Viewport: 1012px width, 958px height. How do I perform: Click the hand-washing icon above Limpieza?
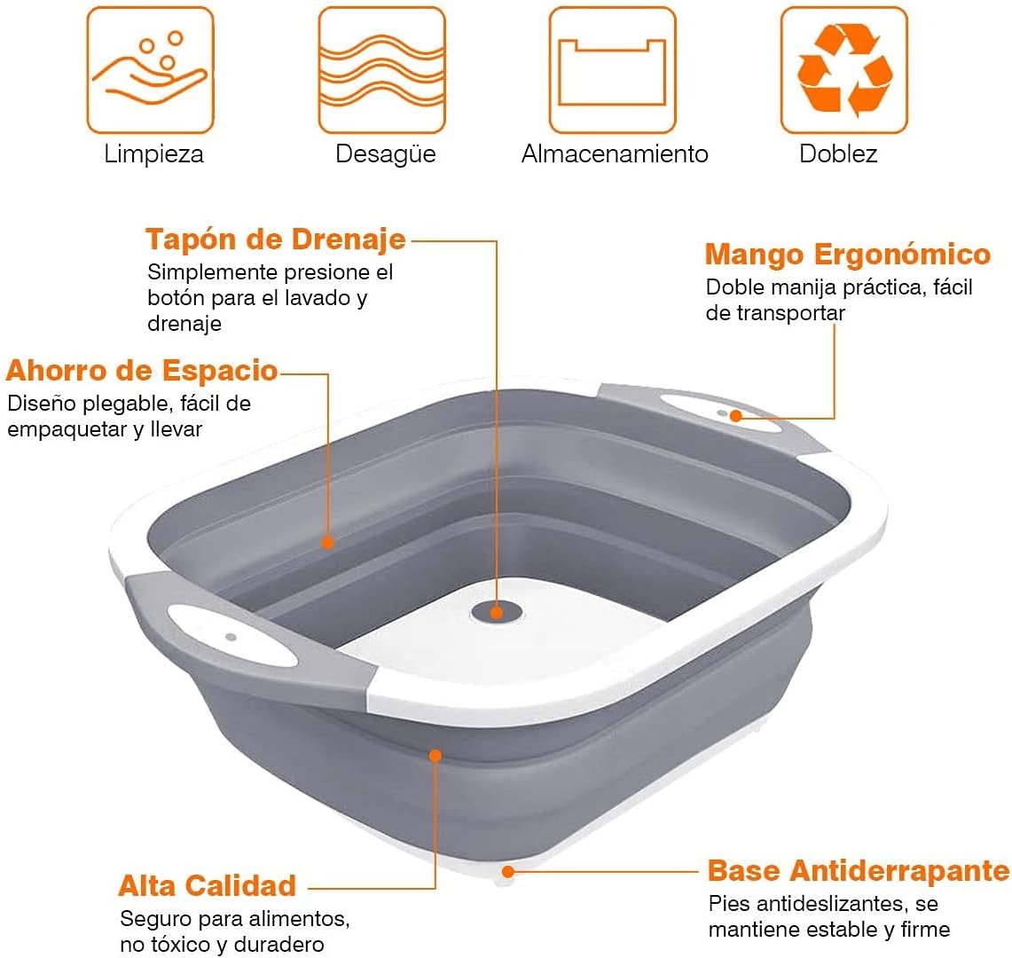[151, 70]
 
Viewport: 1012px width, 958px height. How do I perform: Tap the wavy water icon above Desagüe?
[382, 70]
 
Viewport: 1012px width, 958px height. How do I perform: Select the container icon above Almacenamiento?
[613, 70]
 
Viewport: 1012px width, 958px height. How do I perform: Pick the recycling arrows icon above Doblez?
[844, 70]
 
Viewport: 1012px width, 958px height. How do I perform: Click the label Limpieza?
[153, 154]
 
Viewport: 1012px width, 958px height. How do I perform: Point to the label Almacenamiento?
[615, 154]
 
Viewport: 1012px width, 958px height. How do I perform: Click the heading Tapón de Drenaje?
[276, 239]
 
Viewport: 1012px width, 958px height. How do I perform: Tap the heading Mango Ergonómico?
[847, 255]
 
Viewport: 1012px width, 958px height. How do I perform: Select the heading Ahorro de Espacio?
[142, 371]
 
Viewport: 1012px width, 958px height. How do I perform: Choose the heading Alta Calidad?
[208, 885]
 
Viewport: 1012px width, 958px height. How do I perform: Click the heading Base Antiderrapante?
[859, 870]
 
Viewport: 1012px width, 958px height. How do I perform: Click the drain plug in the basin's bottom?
[497, 611]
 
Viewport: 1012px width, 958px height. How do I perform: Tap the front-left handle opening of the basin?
[232, 636]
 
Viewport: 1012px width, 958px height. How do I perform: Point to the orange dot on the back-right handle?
[736, 416]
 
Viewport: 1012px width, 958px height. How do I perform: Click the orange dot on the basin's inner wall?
[328, 542]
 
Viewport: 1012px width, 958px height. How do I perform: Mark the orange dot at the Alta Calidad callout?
[435, 755]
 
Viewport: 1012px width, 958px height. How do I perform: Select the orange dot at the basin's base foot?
[508, 872]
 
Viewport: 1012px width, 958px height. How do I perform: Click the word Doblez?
[838, 154]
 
